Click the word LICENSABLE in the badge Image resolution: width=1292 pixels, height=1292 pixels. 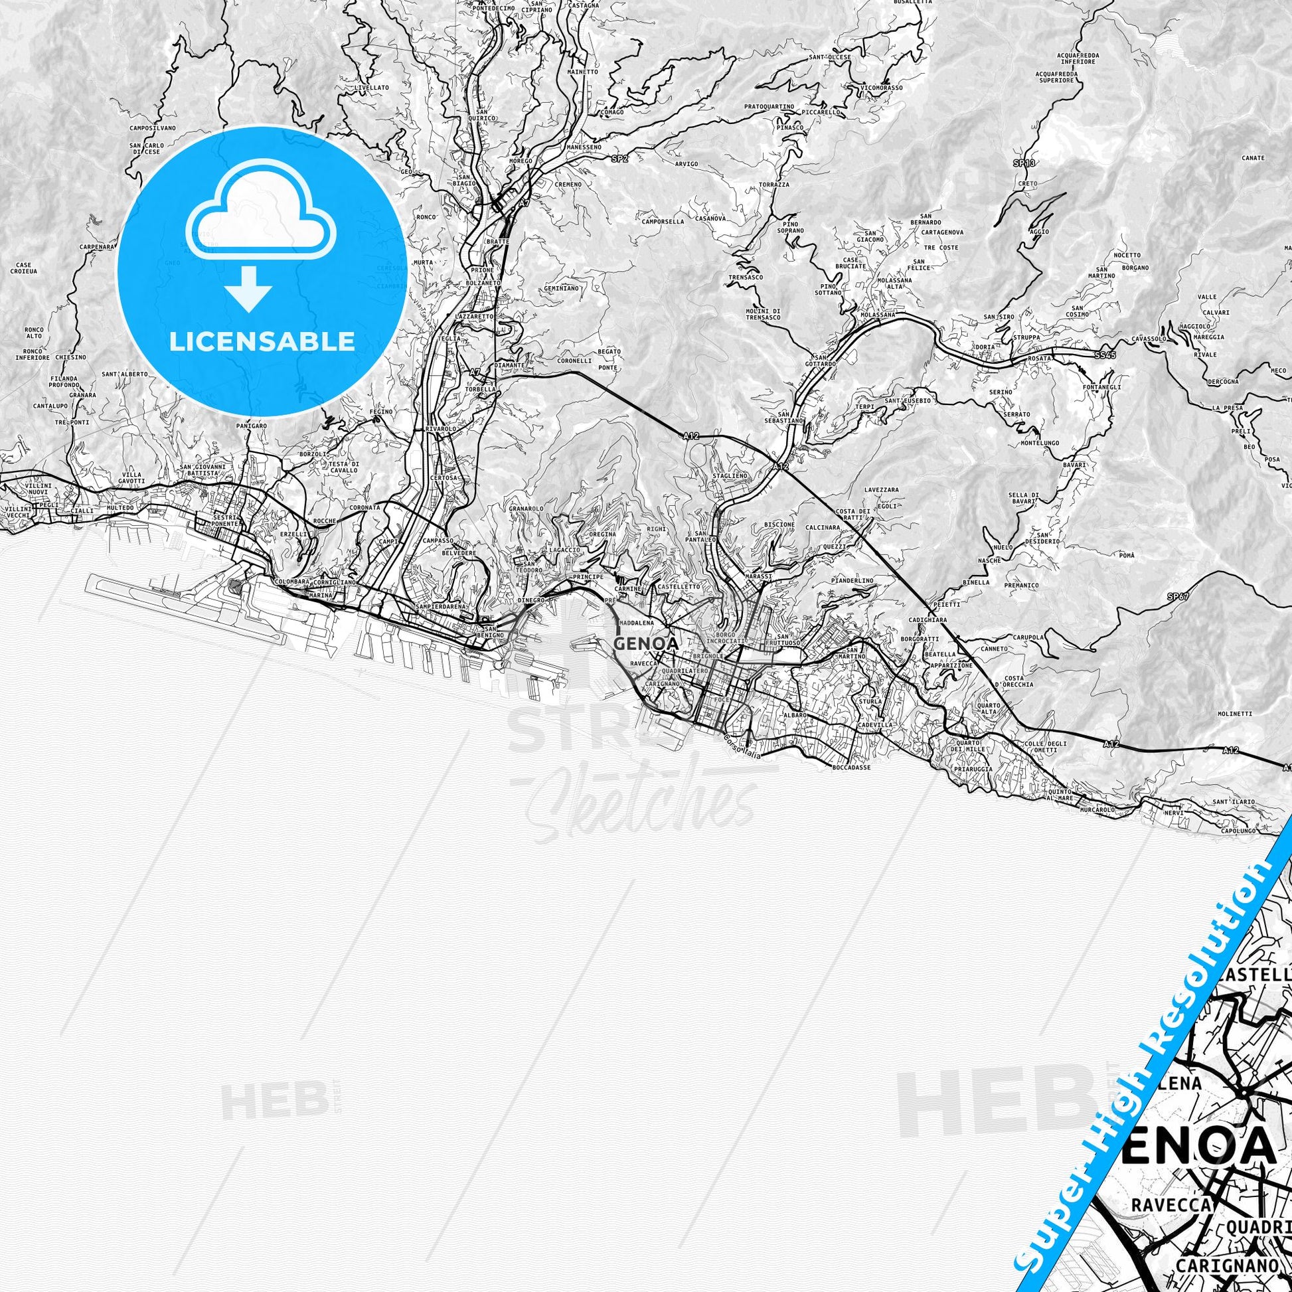click(x=262, y=342)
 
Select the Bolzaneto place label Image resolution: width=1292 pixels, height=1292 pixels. click(x=482, y=283)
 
